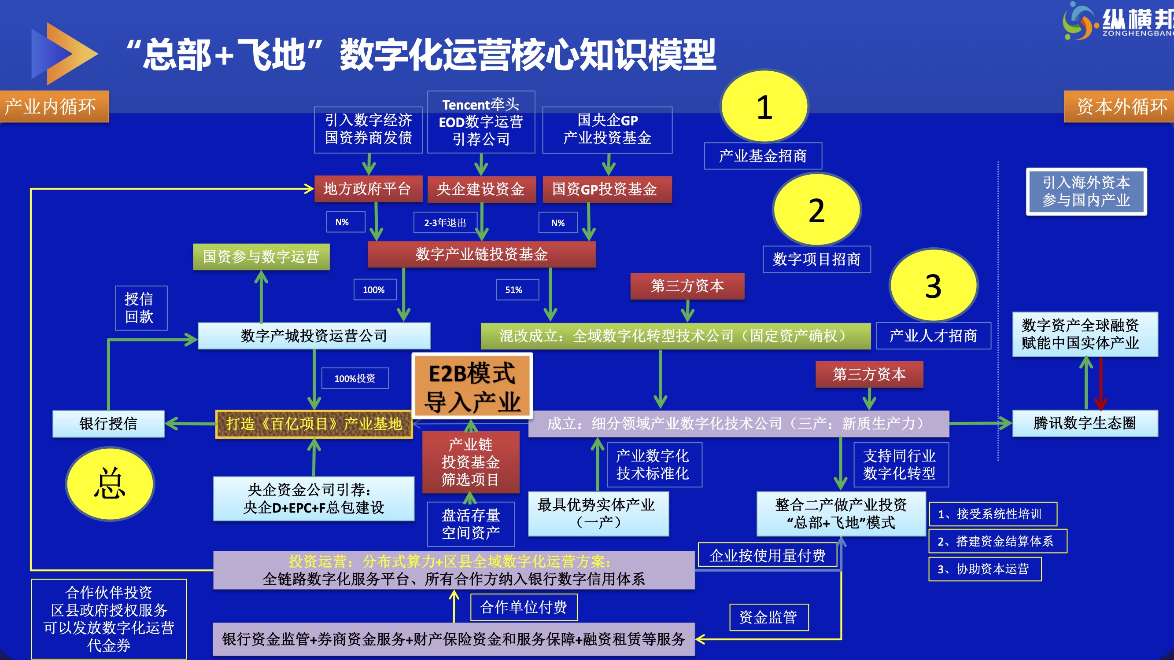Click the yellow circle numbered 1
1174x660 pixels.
(x=764, y=106)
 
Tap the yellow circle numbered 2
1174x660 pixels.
(x=817, y=209)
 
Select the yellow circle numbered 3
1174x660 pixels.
(x=934, y=286)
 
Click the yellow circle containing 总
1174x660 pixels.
(x=110, y=484)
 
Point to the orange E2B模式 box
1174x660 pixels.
(x=472, y=386)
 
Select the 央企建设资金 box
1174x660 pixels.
(x=481, y=189)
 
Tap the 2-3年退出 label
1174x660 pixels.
(x=445, y=223)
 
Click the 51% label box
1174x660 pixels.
(x=513, y=290)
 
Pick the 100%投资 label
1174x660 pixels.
(x=355, y=378)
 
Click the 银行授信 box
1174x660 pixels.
(x=108, y=424)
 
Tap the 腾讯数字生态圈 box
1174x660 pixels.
(x=1085, y=423)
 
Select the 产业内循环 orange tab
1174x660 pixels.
(x=54, y=106)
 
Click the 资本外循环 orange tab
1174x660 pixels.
(x=1119, y=106)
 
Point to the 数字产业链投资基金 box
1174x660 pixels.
(x=482, y=254)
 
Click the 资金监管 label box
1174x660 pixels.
(x=769, y=617)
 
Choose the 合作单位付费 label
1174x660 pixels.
(x=524, y=607)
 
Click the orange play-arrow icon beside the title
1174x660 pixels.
(x=65, y=54)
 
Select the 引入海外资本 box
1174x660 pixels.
(x=1086, y=192)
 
